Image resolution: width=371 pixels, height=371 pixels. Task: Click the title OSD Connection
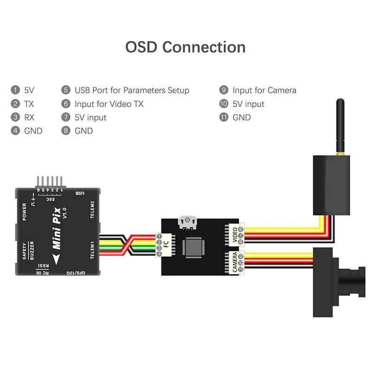185,47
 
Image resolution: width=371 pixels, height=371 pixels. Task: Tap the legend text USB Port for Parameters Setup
132,90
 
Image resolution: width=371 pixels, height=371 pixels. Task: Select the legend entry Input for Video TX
109,104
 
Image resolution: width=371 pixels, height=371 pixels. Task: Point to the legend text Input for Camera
264,90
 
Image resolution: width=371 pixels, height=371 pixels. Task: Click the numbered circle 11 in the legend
224,117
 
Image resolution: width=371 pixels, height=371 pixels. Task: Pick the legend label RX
29,117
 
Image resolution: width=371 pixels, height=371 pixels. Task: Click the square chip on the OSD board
193,248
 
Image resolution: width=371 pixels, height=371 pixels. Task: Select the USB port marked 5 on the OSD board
187,223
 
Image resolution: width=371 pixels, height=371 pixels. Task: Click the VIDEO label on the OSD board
235,235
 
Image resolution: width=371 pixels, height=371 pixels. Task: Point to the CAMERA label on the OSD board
235,262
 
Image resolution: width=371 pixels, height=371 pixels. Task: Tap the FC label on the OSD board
166,244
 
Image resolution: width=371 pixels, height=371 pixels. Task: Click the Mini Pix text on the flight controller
57,228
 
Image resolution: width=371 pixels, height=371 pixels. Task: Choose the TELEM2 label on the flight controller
92,210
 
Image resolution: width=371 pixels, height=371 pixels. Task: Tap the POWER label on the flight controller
25,211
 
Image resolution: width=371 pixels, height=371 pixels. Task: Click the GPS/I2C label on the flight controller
76,273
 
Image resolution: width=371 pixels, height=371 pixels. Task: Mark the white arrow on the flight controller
56,259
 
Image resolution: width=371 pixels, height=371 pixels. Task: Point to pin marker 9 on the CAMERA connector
241,257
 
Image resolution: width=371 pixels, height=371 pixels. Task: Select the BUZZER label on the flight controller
32,250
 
